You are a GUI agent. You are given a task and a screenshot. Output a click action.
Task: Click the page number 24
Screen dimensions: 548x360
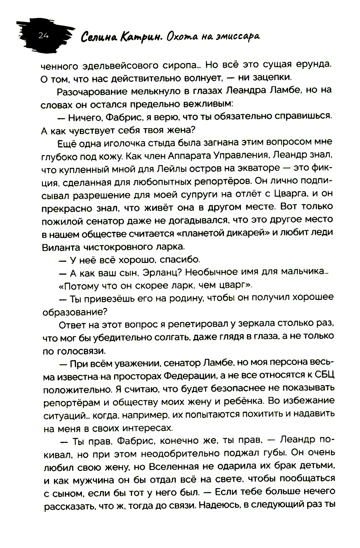pyautogui.click(x=44, y=35)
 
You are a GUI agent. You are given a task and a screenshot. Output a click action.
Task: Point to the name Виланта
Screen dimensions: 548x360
pyautogui.click(x=61, y=247)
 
